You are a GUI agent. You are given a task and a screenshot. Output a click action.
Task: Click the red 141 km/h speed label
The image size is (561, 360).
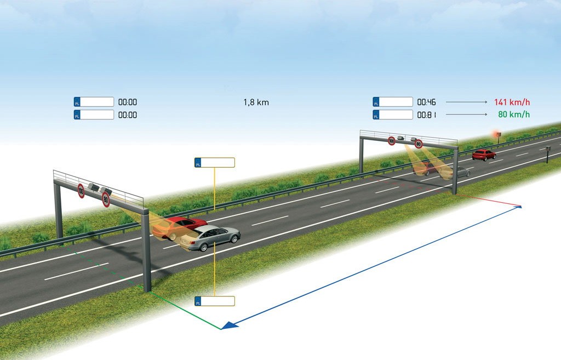pos(512,102)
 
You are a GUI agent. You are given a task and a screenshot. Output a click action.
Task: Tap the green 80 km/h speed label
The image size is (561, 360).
pos(514,115)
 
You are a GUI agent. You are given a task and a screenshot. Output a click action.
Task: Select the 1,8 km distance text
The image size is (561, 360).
pos(256,102)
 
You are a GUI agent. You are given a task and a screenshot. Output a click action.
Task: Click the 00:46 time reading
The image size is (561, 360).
pos(426,102)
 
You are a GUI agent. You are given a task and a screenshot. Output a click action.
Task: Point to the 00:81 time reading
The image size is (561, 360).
pos(426,115)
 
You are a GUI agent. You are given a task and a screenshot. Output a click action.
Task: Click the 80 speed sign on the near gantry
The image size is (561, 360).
pos(106,199)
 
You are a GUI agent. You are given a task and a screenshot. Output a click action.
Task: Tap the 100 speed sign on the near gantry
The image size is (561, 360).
pos(81,191)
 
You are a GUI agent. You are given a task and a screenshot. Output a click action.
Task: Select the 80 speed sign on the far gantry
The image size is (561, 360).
pos(419,144)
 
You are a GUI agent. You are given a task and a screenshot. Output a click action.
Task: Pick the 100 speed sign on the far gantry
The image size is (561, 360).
pos(392,141)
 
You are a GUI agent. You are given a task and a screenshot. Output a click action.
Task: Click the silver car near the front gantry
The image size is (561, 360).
pos(210,238)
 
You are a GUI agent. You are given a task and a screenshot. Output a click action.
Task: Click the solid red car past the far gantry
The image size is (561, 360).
pos(484,155)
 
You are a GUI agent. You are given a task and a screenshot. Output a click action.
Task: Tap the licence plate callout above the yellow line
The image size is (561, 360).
pos(215,162)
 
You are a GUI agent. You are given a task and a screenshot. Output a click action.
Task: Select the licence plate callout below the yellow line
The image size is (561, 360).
pos(215,301)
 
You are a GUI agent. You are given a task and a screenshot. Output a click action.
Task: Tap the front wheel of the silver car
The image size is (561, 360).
pos(203,246)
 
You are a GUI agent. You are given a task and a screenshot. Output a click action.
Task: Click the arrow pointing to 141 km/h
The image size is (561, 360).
pos(467,102)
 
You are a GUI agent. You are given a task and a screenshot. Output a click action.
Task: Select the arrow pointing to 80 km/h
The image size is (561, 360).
pos(467,115)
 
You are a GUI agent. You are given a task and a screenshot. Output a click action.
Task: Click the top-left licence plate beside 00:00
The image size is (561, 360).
pos(94,102)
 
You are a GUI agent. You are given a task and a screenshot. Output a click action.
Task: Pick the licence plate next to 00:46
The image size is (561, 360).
pos(393,102)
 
